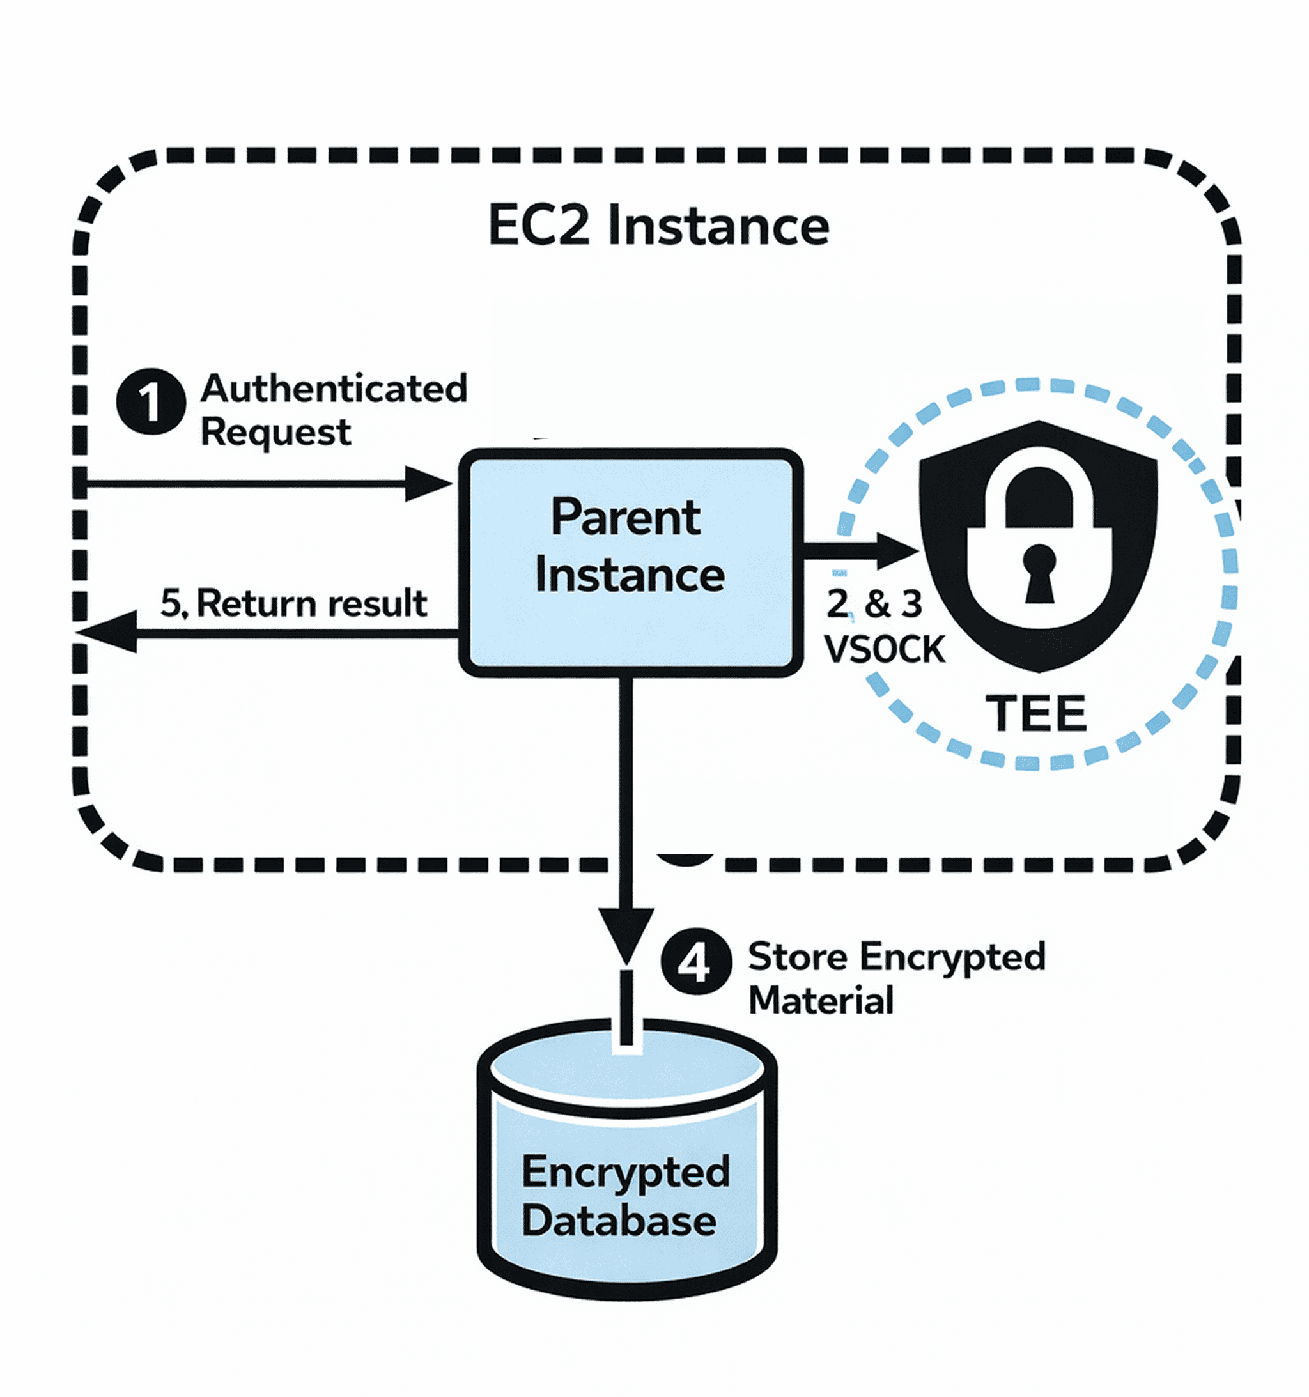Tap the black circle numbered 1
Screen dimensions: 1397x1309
tap(150, 401)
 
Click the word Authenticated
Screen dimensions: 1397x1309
tap(334, 389)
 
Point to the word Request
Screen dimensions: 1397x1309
tap(275, 432)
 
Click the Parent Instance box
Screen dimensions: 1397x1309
tap(631, 562)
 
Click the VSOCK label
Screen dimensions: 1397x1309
tap(885, 649)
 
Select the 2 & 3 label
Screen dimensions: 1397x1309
tap(874, 604)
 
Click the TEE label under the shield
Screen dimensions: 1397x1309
tap(1035, 714)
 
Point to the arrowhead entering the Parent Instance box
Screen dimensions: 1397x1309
tap(428, 484)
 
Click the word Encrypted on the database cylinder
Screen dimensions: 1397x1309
tap(626, 1172)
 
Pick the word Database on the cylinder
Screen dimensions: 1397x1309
tap(619, 1221)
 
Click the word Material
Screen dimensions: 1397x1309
tap(821, 1000)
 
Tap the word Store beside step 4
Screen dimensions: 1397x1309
tap(797, 957)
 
